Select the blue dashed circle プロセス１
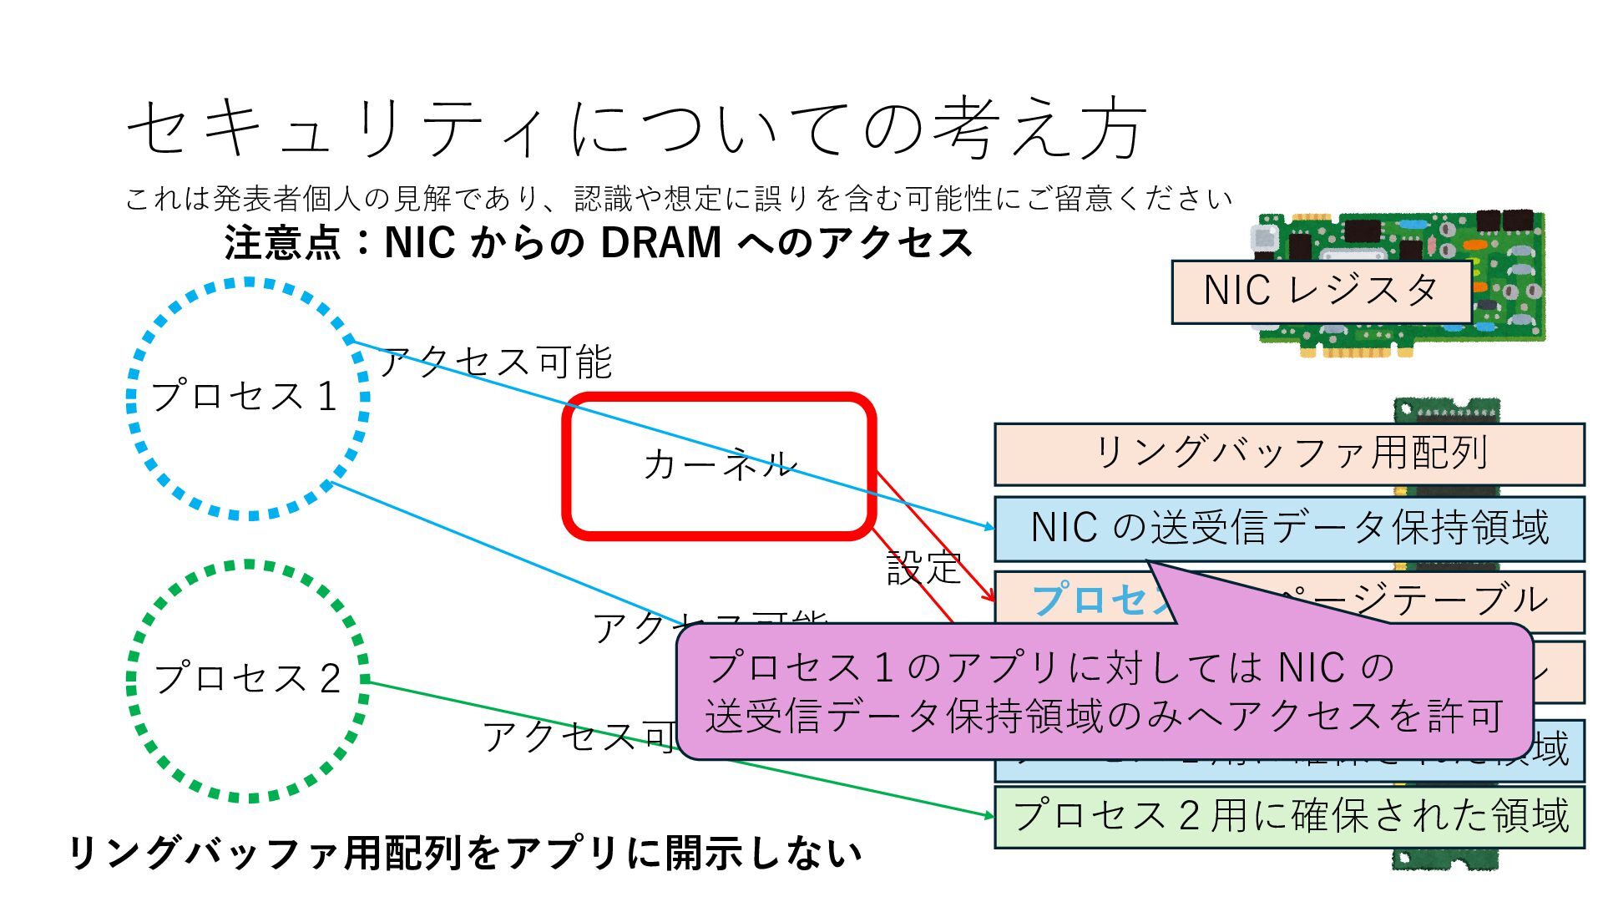click(x=247, y=398)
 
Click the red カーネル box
click(x=719, y=464)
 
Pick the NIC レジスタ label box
click(x=1321, y=291)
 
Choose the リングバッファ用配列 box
click(x=1289, y=454)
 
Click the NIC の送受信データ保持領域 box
click(x=1289, y=528)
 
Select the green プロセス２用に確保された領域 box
click(x=1289, y=816)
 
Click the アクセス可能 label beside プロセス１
click(x=496, y=362)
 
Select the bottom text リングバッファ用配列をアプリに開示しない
click(x=464, y=854)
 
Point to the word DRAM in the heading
click(x=660, y=243)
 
